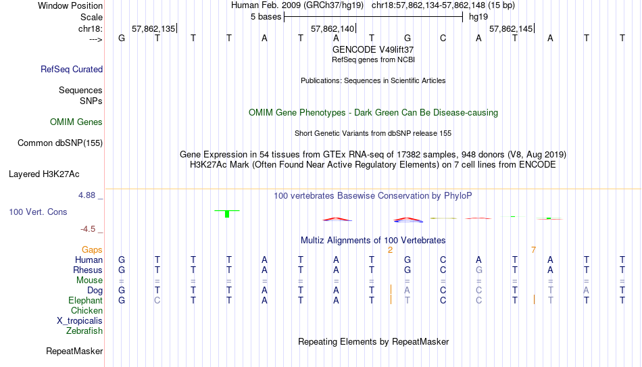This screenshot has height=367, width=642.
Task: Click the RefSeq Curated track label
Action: tap(72, 69)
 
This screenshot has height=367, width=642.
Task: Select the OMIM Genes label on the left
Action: tap(76, 122)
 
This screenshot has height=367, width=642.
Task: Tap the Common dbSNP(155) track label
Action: tap(60, 143)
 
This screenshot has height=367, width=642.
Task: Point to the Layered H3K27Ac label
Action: tap(44, 174)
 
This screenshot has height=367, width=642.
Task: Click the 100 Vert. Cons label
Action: tap(38, 212)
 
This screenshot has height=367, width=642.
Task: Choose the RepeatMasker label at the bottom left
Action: tap(74, 351)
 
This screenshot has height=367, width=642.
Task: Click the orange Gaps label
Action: tap(92, 250)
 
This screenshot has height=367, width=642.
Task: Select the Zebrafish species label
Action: tap(84, 331)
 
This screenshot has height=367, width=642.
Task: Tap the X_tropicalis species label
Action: tap(80, 321)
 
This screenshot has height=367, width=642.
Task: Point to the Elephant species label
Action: tap(86, 300)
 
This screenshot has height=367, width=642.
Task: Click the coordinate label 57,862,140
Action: tap(332, 28)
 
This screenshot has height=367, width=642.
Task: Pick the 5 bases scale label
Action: tap(266, 17)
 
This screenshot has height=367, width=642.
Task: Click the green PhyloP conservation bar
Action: tap(227, 214)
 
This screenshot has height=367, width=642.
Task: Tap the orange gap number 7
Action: tap(533, 250)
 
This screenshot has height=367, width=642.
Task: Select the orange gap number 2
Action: tap(390, 250)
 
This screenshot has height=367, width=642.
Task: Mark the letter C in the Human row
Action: tap(443, 260)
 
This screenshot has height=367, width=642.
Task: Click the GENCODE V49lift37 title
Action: tap(373, 49)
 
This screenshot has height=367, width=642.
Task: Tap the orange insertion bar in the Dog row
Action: tap(391, 289)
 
